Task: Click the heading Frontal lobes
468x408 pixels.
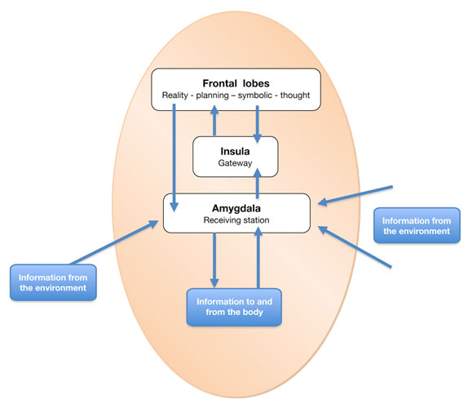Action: tap(236, 83)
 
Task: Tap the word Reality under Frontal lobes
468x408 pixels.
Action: tap(175, 95)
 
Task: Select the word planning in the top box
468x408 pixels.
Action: tap(212, 95)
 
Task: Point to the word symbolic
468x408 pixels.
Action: tap(255, 95)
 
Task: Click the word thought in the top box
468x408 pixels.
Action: tap(295, 95)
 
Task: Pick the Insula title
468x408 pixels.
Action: tap(235, 152)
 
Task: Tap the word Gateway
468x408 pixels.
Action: tap(235, 163)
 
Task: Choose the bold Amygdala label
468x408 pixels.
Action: tap(236, 208)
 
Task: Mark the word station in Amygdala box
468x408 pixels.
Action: tap(254, 220)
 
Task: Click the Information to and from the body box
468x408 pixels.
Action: tap(234, 307)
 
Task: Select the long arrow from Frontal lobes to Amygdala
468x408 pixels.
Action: tap(174, 157)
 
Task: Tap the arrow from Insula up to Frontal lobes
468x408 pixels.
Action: tap(214, 121)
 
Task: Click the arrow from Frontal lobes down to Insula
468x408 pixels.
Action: tap(258, 124)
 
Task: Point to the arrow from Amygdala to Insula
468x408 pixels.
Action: tap(258, 183)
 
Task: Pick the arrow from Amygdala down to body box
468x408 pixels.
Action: tap(214, 260)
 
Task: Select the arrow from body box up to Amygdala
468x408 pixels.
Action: tap(258, 258)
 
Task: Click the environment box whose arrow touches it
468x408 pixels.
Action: tap(53, 282)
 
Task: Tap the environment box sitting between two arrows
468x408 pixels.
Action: tap(417, 225)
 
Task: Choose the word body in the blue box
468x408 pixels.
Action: tap(253, 313)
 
